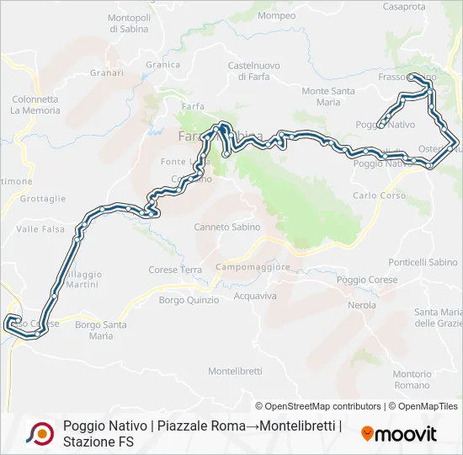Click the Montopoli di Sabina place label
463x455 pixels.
[x=129, y=23]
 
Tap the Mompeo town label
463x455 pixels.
[x=277, y=15]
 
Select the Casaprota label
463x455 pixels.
[x=404, y=6]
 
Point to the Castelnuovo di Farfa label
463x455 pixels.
[x=253, y=70]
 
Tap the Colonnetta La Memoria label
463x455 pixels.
[x=35, y=104]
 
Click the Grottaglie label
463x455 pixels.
[x=43, y=199]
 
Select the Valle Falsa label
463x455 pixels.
[x=40, y=228]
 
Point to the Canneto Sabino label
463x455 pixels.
[x=227, y=227]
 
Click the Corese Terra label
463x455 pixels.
[x=175, y=270]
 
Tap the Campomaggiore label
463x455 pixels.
[x=253, y=267]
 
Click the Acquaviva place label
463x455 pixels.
[x=255, y=296]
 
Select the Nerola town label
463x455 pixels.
[x=362, y=305]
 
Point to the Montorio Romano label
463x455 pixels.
[x=412, y=379]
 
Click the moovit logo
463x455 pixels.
[x=399, y=434]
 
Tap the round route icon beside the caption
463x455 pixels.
[x=39, y=433]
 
